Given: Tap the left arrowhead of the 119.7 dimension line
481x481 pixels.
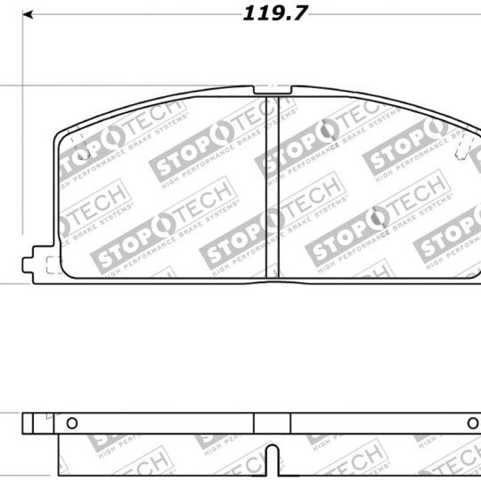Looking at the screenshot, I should [x=29, y=15].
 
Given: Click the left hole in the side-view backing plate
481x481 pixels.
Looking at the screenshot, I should [x=72, y=422].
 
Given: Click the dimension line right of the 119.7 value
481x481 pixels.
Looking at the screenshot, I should [x=392, y=15].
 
